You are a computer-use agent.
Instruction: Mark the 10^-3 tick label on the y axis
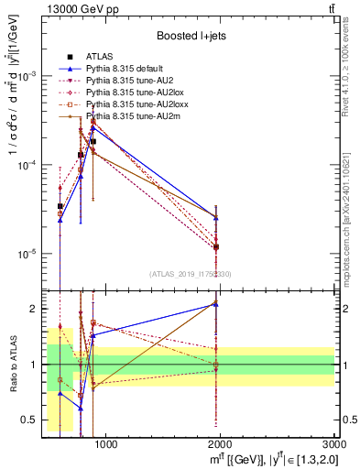29,77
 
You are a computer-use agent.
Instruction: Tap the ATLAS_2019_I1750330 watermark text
191,274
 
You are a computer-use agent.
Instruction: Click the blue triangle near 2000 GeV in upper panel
216,217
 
